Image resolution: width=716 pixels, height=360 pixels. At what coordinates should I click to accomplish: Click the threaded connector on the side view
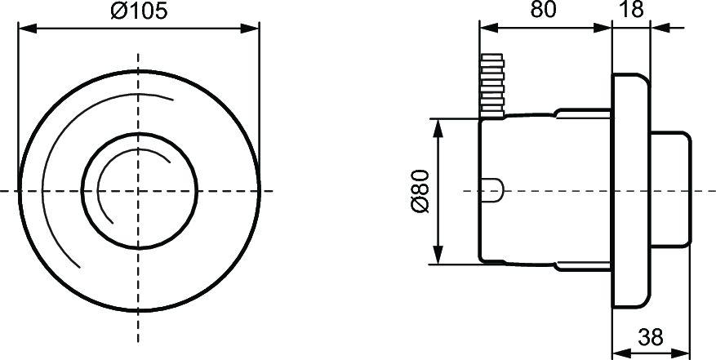pos(491,85)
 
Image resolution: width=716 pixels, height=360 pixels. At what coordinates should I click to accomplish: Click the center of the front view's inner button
pos(138,190)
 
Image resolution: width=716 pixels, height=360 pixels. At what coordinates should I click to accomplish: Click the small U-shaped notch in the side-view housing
pos(494,190)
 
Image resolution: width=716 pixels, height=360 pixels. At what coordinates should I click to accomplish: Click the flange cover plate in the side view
pos(631,190)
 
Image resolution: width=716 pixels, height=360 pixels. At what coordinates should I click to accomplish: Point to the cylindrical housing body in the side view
pos(543,190)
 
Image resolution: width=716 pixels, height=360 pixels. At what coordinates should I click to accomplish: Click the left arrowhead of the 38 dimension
pos(617,351)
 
